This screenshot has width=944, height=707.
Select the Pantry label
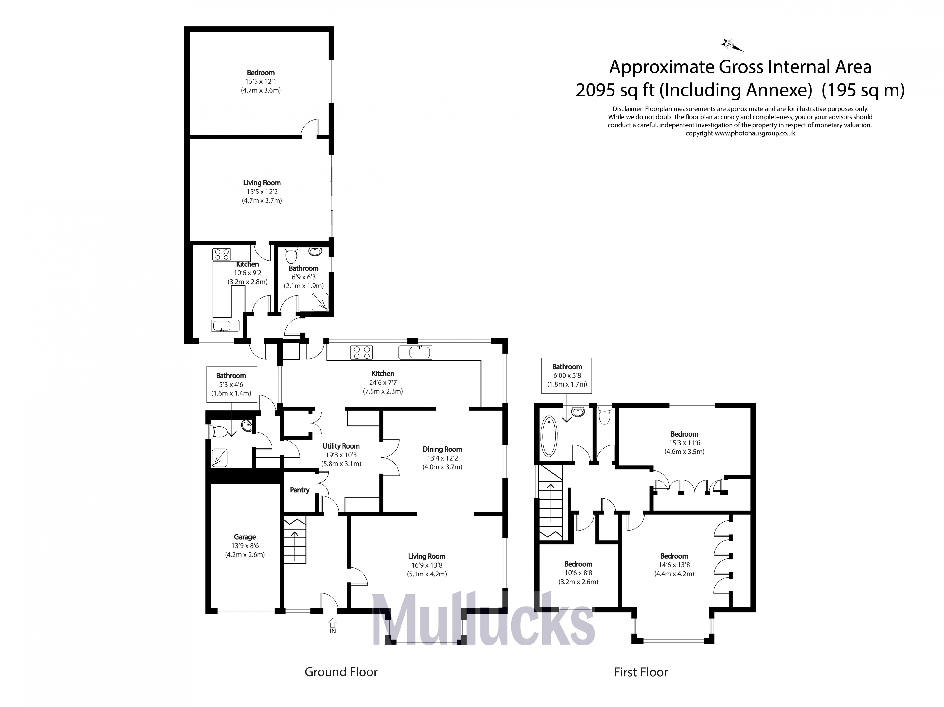coord(300,490)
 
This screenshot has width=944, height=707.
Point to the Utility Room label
coord(341,446)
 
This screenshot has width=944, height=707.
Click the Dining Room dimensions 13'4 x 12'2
coord(442,458)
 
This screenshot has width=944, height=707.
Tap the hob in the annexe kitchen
coord(221,254)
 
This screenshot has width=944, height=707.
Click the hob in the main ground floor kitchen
coord(361,352)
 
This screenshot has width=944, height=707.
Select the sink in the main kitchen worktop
coord(415,352)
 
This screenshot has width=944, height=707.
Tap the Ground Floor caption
coord(341,672)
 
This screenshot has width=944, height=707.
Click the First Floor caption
coord(641,672)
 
